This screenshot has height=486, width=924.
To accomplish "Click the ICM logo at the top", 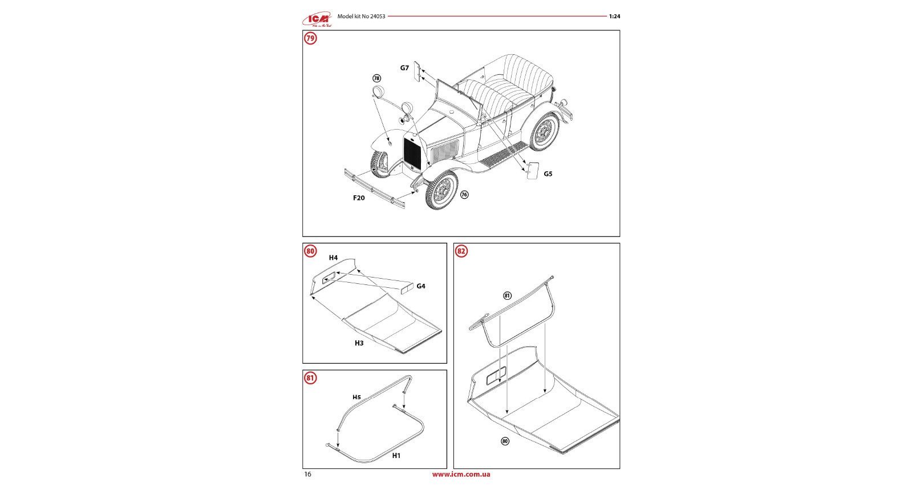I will [317, 20].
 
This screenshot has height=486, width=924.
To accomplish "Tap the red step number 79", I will [310, 38].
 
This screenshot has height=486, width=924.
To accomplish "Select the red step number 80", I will [310, 251].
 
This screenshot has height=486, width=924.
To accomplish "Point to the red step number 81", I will [310, 378].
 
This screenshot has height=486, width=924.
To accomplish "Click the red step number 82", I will [461, 251].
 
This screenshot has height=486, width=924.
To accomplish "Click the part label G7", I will [404, 68].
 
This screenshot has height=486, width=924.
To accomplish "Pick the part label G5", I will [548, 174].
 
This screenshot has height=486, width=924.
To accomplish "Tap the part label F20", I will [359, 198].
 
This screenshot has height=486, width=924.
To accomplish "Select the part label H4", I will [333, 258].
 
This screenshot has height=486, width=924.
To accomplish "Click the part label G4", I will [421, 287].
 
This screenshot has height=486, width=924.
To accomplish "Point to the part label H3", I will [359, 343].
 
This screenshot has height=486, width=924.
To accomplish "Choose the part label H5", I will [356, 397].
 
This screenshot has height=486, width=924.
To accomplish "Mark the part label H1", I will [396, 456].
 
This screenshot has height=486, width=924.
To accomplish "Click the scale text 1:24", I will [614, 17].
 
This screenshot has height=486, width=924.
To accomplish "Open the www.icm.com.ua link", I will [461, 475].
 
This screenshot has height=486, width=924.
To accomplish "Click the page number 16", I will [308, 475].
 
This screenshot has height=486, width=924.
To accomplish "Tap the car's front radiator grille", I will [412, 153].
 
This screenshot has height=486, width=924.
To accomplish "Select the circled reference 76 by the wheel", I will [464, 195].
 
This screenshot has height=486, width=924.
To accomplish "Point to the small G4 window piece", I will [407, 288].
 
